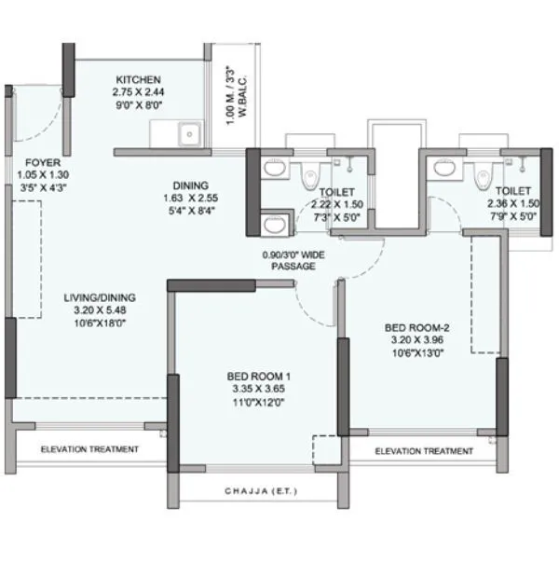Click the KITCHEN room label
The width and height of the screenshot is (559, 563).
coord(138,79)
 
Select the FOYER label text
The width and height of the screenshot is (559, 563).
coord(36,160)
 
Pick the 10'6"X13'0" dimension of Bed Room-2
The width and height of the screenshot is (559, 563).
coord(417,353)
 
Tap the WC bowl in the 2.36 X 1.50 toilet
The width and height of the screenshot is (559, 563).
coord(483,172)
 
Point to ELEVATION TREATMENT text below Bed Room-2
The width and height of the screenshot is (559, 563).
coord(423,451)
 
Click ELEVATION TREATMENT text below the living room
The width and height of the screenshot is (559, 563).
coord(89,449)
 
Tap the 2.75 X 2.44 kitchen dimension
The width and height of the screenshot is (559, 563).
coord(138,92)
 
